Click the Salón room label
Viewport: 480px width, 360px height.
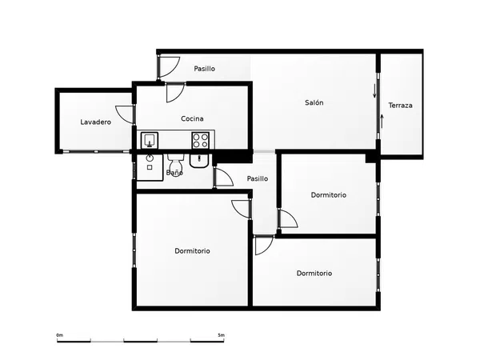point(314,102)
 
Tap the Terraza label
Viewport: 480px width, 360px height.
point(400,106)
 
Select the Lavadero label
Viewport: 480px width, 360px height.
point(95,122)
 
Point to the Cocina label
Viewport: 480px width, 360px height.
point(192,118)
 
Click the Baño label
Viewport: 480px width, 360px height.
point(174,173)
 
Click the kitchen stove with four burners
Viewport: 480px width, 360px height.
point(201,140)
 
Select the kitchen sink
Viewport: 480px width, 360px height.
point(150,140)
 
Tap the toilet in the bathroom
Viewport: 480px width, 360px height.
point(175,164)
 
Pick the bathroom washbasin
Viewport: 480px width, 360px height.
point(199,161)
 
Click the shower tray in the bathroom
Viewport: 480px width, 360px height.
point(150,167)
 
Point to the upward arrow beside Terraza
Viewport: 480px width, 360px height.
point(382,122)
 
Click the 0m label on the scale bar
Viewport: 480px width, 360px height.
point(60,335)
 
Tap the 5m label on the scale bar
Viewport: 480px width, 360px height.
point(221,335)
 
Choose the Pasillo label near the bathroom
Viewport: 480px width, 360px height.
point(258,178)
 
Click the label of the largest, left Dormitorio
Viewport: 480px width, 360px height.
point(192,251)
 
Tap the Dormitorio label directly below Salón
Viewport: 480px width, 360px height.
point(329,195)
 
